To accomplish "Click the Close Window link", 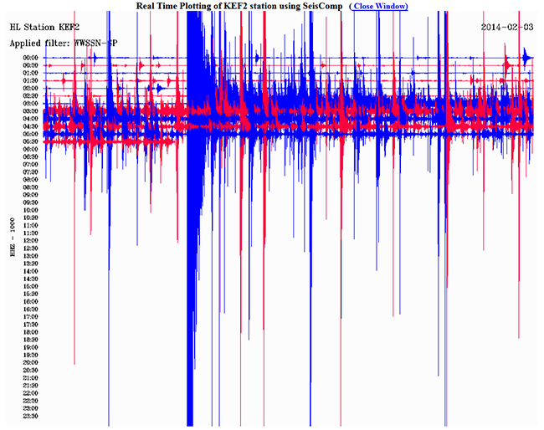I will [381, 7].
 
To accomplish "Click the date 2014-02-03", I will [507, 27].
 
